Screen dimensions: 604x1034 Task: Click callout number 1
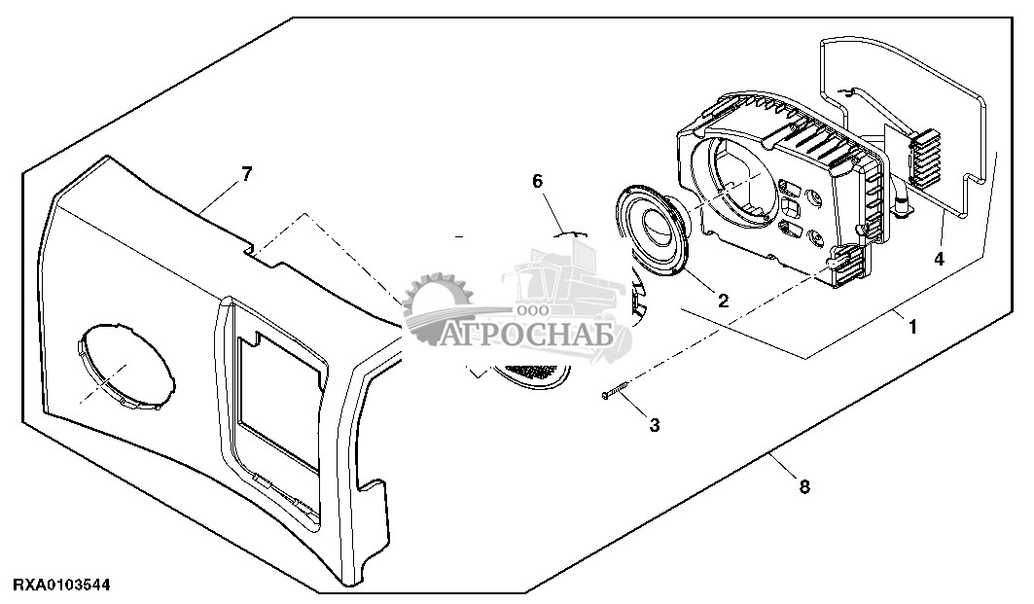(912, 328)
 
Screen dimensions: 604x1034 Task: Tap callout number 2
(723, 301)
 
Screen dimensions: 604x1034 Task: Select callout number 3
(654, 425)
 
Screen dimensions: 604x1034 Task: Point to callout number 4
(939, 259)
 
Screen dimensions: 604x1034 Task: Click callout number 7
(246, 174)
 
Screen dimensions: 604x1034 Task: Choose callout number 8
(803, 486)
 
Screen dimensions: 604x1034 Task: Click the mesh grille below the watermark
(531, 373)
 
